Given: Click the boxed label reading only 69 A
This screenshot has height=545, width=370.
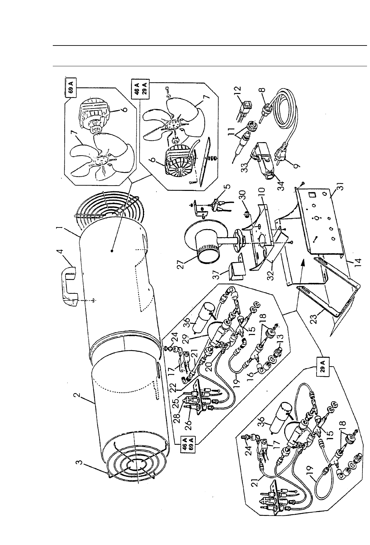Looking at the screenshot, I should point(72,90).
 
